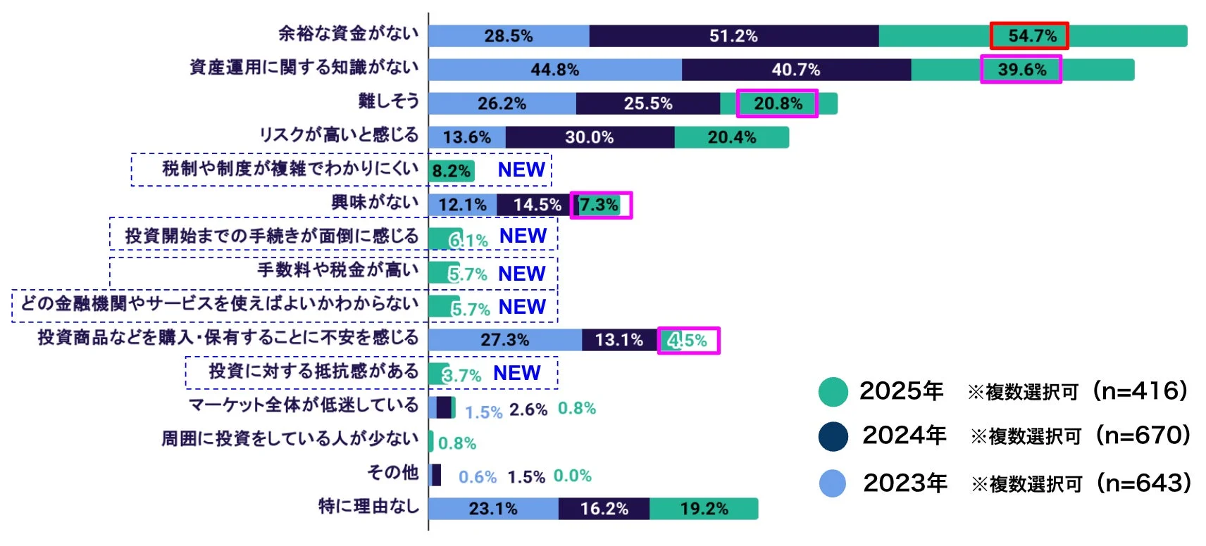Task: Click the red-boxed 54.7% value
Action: (x=1029, y=36)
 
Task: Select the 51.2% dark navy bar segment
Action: (x=733, y=36)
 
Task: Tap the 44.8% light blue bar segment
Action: (x=554, y=70)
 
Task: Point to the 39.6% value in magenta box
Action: (x=1021, y=70)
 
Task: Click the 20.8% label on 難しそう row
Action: (x=777, y=103)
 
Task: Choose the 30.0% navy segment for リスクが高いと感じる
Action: (x=589, y=137)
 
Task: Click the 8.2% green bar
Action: (x=451, y=171)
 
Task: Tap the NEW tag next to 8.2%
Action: (x=521, y=170)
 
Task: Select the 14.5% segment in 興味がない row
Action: (x=537, y=205)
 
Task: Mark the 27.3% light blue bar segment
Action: (x=504, y=340)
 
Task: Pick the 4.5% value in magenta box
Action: (x=688, y=341)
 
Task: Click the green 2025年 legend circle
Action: (x=833, y=392)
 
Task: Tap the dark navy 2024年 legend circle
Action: (x=833, y=436)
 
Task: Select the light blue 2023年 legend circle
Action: (x=833, y=483)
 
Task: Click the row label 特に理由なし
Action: (x=368, y=506)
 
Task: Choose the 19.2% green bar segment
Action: (x=703, y=509)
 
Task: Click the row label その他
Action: (x=392, y=472)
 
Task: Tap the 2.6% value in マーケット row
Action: (x=528, y=410)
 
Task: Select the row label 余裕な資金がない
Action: (x=348, y=33)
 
